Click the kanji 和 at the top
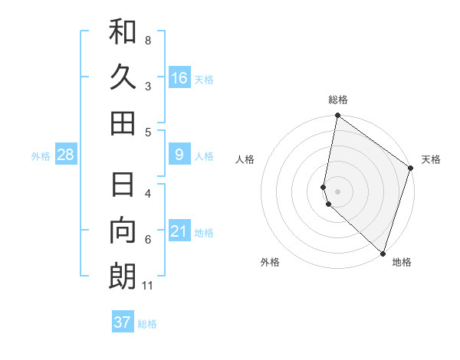click(123, 31)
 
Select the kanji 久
click(123, 77)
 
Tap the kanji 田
click(123, 123)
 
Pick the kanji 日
click(123, 185)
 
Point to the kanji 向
click(123, 231)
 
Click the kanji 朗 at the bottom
click(123, 277)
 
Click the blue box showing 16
click(179, 77)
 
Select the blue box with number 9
click(179, 155)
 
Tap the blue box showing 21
click(179, 231)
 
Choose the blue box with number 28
click(66, 155)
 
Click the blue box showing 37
click(123, 322)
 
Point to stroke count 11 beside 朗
click(149, 286)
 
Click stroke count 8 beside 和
click(148, 40)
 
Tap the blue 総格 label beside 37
click(147, 324)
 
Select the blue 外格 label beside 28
click(41, 156)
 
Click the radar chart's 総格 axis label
click(338, 100)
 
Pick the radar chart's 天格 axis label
click(431, 159)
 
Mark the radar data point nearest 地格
click(383, 253)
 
